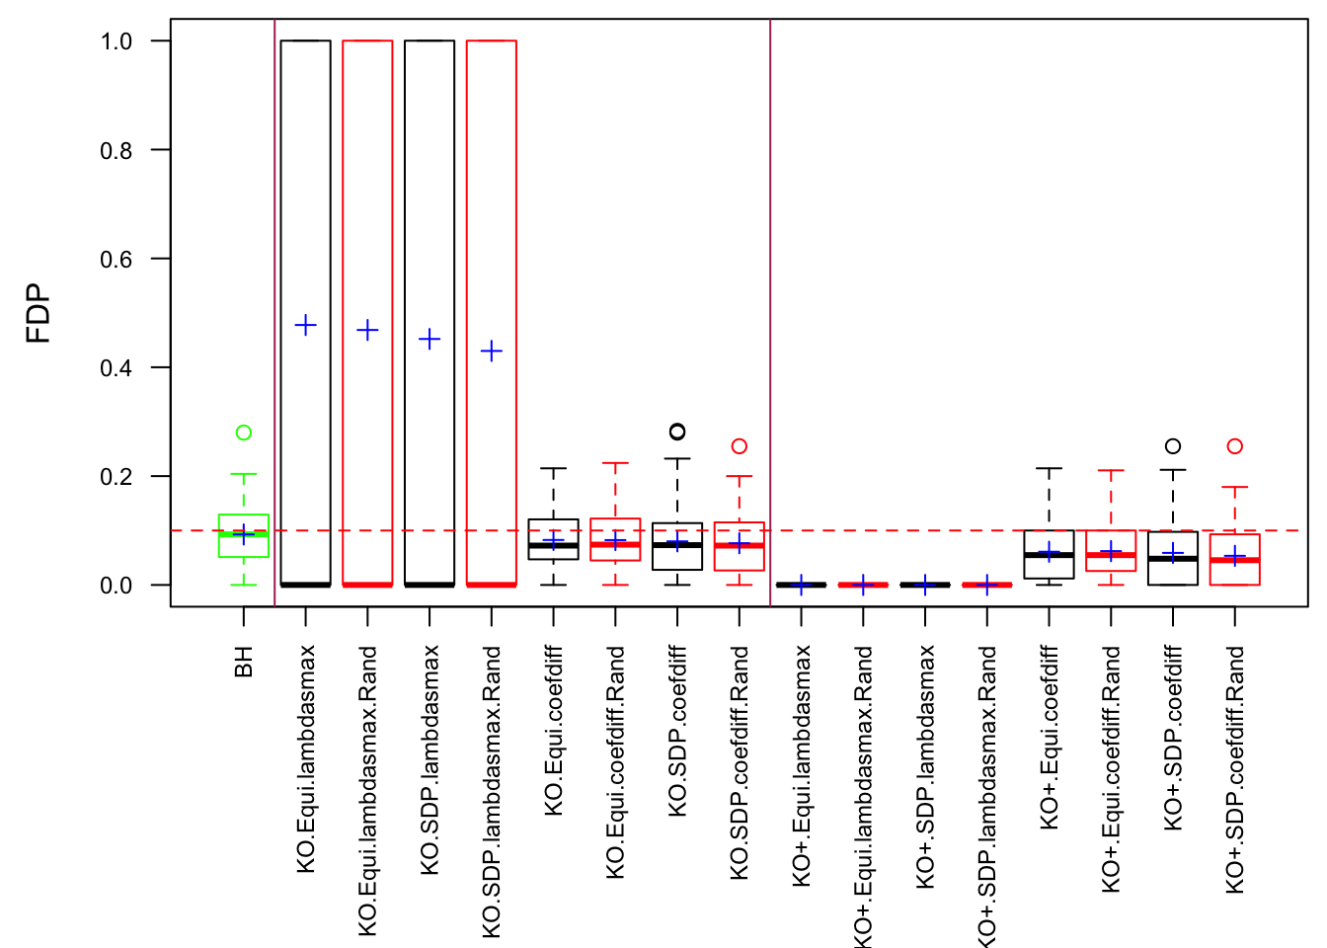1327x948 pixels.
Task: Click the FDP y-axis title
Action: coord(39,313)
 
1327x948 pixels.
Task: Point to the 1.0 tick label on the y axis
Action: coord(116,41)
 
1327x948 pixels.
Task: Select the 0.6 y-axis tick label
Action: coord(116,260)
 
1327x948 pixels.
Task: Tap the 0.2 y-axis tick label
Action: coord(116,477)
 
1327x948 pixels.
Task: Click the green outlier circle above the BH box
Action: coord(244,433)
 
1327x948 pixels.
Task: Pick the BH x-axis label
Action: coord(244,662)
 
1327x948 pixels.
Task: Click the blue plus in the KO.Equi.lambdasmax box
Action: coord(306,325)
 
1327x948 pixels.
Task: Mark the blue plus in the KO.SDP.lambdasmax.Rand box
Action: coord(492,351)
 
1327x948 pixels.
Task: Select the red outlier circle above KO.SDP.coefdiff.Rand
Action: coord(740,446)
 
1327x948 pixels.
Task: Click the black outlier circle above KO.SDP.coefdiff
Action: coord(677,432)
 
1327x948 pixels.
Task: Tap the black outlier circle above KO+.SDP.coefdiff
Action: coord(1173,446)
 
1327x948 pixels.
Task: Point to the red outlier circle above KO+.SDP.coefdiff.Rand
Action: coord(1235,446)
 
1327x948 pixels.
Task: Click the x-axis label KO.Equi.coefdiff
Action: coord(554,731)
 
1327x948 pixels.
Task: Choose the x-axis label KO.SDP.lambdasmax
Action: coord(429,760)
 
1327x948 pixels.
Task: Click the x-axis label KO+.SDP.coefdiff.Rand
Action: coord(1235,770)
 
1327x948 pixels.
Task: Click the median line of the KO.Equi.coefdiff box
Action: coord(554,545)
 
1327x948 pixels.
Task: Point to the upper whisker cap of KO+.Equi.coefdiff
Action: coord(1050,468)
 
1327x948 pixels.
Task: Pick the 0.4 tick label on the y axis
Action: coord(116,368)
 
